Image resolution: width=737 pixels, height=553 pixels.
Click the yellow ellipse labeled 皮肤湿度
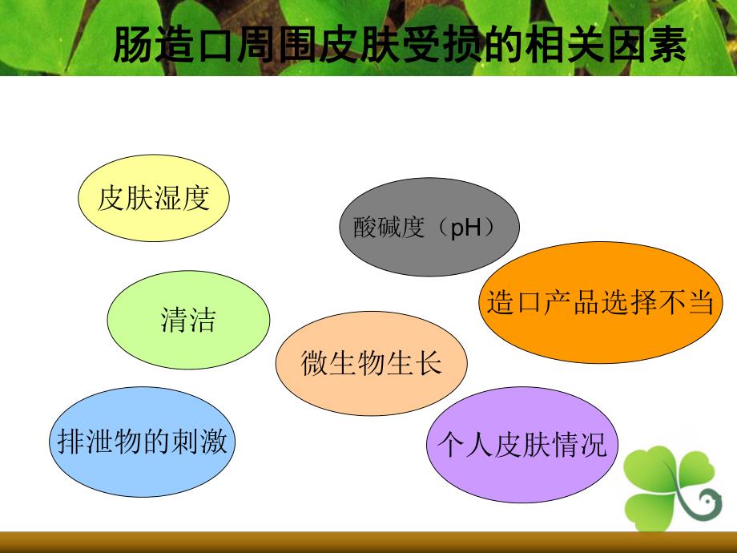click(x=153, y=198)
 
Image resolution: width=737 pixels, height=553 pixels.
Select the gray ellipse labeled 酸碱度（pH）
click(x=429, y=228)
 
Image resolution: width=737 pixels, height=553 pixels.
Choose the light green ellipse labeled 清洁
click(x=188, y=321)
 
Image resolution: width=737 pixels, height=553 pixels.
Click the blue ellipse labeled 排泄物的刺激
click(x=142, y=442)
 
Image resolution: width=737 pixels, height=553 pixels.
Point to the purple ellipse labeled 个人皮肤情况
click(x=518, y=445)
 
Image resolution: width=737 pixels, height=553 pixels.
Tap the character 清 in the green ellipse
click(x=174, y=321)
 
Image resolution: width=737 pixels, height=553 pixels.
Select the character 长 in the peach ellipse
click(x=428, y=364)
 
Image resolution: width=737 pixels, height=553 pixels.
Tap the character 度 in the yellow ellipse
click(x=196, y=198)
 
